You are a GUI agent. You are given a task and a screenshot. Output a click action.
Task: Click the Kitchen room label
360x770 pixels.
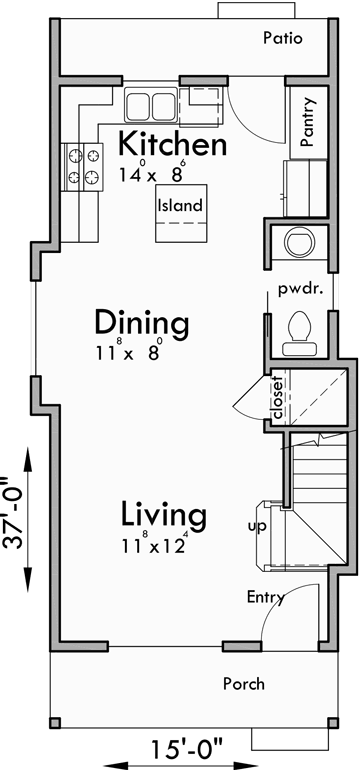pos(173,144)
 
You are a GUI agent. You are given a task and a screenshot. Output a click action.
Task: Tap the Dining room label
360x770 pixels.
pos(142,322)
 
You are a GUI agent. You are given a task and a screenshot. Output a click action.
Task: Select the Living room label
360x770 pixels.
pos(164,516)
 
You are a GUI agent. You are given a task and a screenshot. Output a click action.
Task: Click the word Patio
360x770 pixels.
pos(282,38)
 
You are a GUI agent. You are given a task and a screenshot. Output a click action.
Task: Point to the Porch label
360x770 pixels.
pos(243,684)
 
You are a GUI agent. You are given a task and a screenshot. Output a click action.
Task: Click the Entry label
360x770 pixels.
pos(266,598)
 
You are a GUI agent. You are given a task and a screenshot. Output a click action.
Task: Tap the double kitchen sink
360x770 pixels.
pos(151,104)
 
